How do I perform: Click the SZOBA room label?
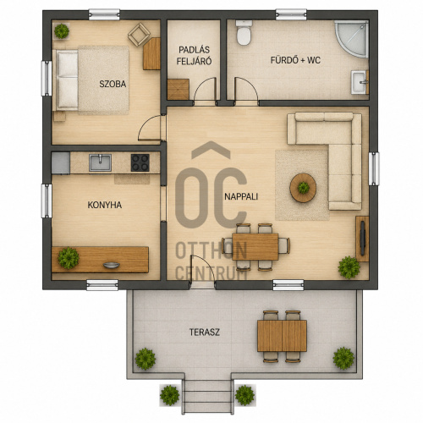pos(113,84)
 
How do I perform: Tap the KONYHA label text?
pos(105,205)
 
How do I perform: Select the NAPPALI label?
pos(241,196)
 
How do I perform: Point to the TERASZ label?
pos(205,332)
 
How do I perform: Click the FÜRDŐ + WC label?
pos(295,60)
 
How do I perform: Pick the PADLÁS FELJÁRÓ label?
pos(194,56)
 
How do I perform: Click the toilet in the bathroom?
pos(244,33)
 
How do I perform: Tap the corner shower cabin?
pos(352,39)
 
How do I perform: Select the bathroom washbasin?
pos(360,82)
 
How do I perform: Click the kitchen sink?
pos(100,162)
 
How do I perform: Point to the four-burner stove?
pos(140,162)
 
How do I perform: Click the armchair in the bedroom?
pos(139,35)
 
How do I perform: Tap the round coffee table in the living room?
pos(303,188)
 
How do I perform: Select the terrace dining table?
pos(282,336)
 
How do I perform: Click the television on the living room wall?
pos(363,239)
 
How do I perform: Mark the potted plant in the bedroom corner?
pos(62,31)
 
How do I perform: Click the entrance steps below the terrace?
pos(208,397)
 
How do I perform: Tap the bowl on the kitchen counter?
pos(112,265)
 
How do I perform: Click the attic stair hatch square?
pos(179,90)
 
